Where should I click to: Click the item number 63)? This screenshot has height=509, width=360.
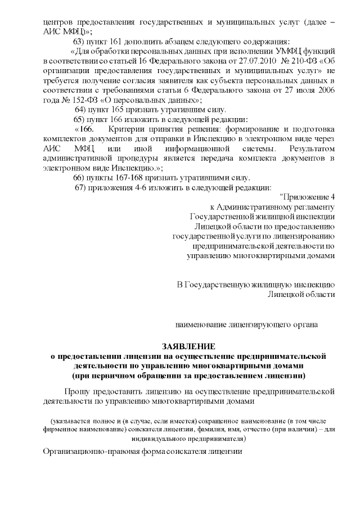[x=79, y=42]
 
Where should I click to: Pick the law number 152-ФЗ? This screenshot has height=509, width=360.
[x=70, y=99]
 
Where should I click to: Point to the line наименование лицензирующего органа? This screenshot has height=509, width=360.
[x=247, y=325]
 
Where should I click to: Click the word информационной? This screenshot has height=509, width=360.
[x=199, y=148]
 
